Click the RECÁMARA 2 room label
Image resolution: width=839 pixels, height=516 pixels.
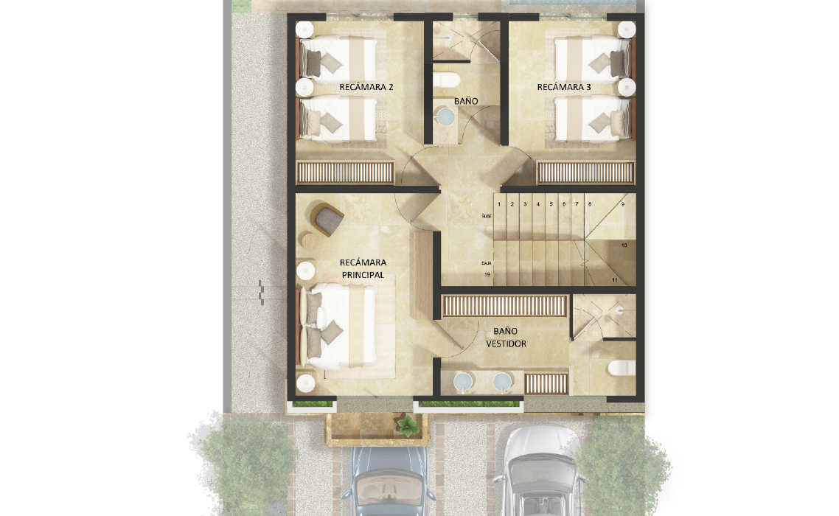(366, 87)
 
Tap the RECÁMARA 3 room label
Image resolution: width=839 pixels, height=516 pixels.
(564, 87)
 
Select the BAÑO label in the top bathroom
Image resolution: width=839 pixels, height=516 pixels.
(466, 101)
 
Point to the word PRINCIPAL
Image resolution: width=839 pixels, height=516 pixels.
(363, 275)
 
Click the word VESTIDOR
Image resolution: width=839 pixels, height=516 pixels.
(506, 344)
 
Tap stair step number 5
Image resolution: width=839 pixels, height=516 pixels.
(551, 204)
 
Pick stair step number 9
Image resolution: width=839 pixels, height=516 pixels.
(623, 204)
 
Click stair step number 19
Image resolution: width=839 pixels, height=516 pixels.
(487, 275)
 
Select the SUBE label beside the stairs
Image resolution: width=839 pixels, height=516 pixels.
(487, 216)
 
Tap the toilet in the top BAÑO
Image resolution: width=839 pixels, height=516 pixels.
(446, 80)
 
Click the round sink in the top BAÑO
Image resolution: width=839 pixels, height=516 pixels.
(445, 116)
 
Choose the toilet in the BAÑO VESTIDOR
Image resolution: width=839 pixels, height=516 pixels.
(622, 368)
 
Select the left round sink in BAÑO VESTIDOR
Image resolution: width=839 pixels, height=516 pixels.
(463, 382)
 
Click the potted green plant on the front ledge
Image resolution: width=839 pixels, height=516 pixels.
(408, 425)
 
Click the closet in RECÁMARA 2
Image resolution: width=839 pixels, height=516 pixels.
(345, 173)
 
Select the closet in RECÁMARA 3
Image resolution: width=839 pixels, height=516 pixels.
(585, 173)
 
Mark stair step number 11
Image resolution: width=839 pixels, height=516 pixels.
(615, 280)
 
